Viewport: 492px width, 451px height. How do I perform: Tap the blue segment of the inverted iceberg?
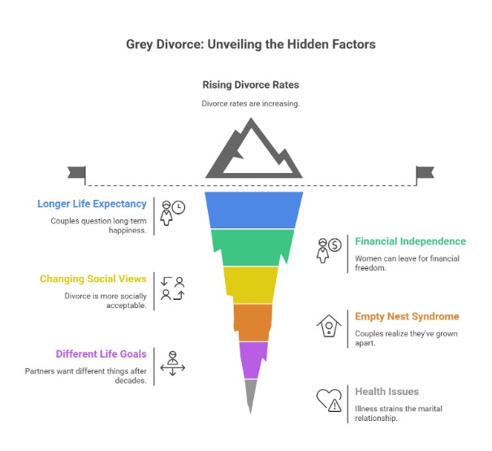coord(254,210)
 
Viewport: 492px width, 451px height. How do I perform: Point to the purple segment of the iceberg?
coord(252,358)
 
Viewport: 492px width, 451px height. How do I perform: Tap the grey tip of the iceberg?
coord(251,393)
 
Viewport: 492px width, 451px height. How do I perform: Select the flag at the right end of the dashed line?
coord(425,172)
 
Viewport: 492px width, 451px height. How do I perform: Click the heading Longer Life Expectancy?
coord(92,204)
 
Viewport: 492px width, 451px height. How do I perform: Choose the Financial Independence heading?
coord(410,241)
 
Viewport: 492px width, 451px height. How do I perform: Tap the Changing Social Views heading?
coord(93,279)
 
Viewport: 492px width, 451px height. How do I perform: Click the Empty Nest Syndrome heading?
coord(406,316)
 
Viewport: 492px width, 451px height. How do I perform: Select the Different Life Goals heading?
coord(101,353)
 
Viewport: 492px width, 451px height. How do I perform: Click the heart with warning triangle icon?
coord(329,400)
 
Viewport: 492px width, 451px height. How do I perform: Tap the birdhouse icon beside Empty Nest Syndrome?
coord(329,325)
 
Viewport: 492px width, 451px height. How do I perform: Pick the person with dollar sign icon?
coord(329,249)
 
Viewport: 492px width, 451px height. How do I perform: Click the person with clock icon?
coord(172,212)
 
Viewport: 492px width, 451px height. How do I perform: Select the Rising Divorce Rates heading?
coord(251,85)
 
